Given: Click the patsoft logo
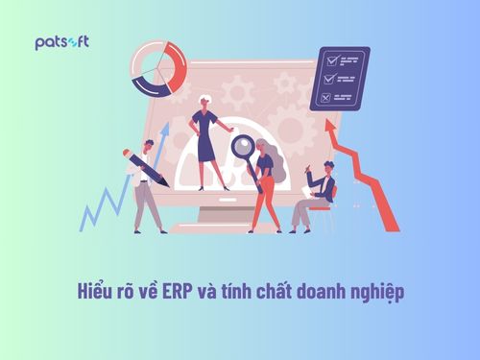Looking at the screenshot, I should pos(61,43).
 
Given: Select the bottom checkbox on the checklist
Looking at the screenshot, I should pos(325,96).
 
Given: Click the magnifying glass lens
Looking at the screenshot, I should pos(242,147).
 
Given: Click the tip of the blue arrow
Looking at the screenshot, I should pos(164,127).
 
